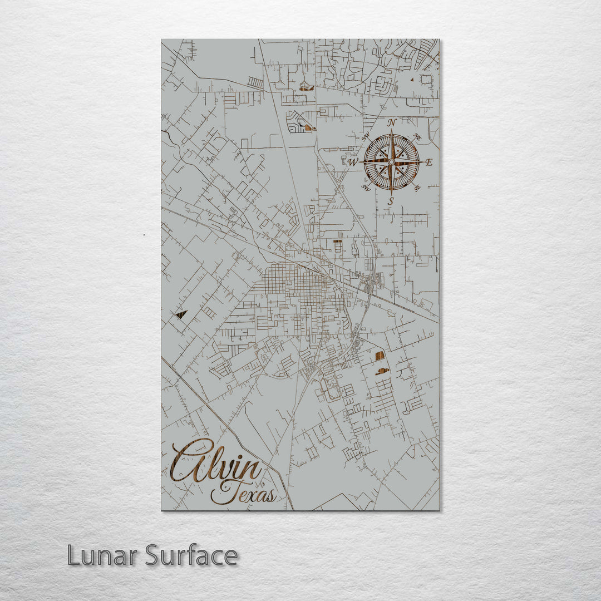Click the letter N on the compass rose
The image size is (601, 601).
point(392,123)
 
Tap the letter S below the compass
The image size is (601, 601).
point(391,201)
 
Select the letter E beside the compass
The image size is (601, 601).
point(428,162)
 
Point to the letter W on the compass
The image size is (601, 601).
point(353,162)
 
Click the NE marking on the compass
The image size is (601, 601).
point(418,137)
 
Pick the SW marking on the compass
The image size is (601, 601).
point(366,188)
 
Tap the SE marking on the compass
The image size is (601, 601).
point(417,188)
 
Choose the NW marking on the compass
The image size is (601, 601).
point(366,137)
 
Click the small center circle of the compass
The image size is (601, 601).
point(391,162)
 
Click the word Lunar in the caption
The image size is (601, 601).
point(104,555)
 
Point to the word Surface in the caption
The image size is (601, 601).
point(191,555)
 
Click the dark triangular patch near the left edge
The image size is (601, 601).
point(180,315)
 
